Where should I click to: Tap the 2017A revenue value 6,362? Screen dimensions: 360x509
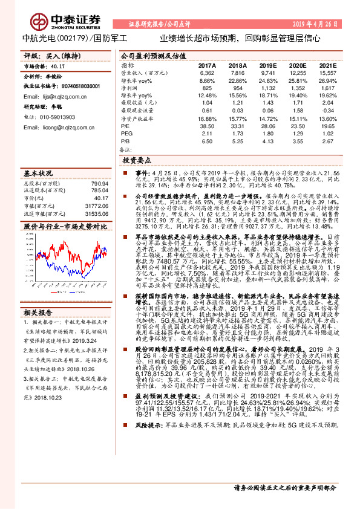(206, 72)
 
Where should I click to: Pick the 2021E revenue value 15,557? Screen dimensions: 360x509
(327, 72)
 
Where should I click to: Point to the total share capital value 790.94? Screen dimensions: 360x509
(99, 183)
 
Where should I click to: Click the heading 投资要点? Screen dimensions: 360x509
(137, 161)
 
